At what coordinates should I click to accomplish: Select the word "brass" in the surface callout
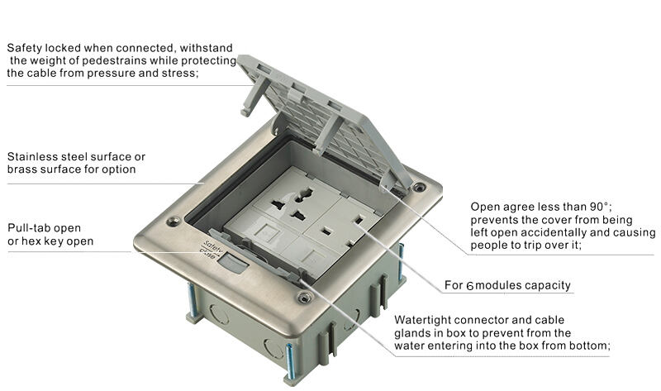pyautogui.click(x=22, y=169)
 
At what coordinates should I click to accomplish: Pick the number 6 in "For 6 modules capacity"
pyautogui.click(x=470, y=285)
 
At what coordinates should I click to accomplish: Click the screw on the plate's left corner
pyautogui.click(x=174, y=222)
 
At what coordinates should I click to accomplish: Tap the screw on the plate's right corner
pyautogui.click(x=421, y=188)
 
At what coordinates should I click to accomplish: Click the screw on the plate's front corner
pyautogui.click(x=304, y=297)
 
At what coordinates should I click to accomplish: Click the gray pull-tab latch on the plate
pyautogui.click(x=235, y=265)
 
